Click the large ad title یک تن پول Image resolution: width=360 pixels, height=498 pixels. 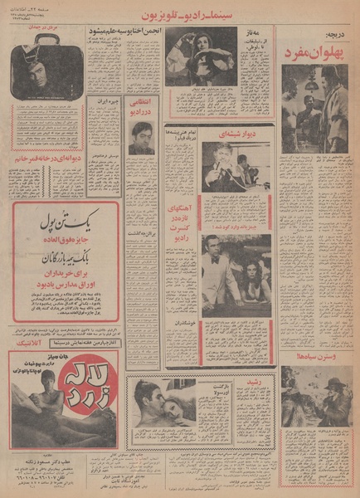(x=64, y=217)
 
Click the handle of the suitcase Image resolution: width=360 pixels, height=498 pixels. (x=46, y=47)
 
